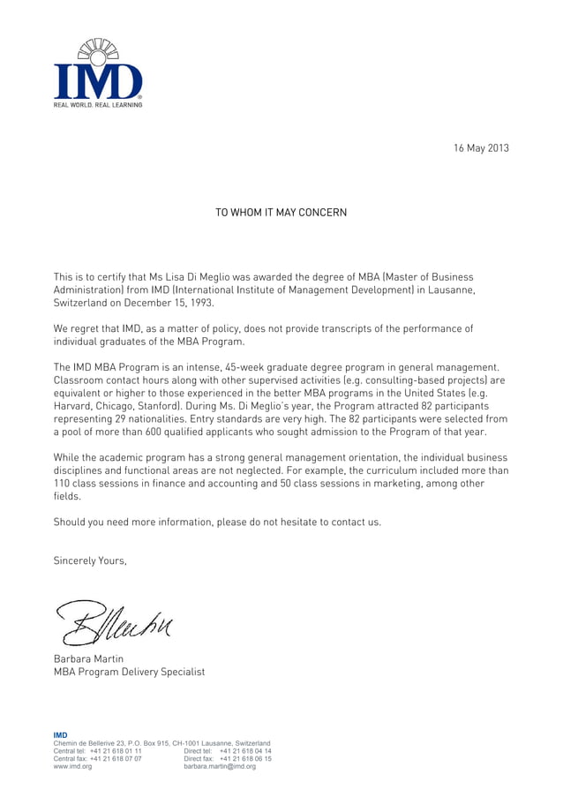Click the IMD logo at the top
click(x=98, y=71)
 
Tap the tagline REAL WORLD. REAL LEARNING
click(x=98, y=105)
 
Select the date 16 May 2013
click(x=481, y=147)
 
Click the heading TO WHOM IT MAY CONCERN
click(x=281, y=213)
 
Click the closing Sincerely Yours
click(x=90, y=560)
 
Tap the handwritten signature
click(x=115, y=621)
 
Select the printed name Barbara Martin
click(x=89, y=659)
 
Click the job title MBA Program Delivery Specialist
click(x=129, y=673)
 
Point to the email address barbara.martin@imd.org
click(x=220, y=767)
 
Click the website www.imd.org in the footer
click(x=73, y=767)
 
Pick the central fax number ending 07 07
click(x=122, y=759)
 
